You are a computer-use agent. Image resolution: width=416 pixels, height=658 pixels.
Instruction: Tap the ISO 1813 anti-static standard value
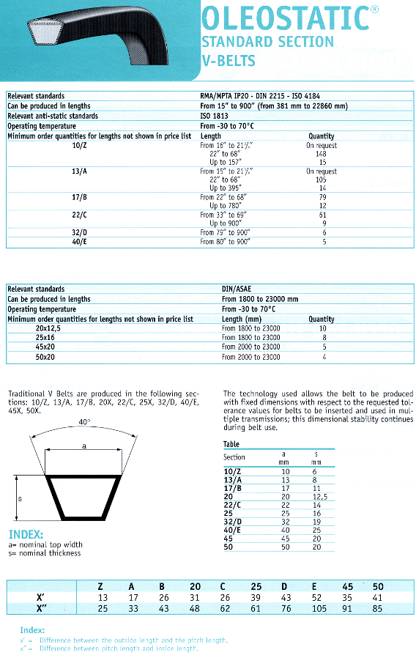[214, 116]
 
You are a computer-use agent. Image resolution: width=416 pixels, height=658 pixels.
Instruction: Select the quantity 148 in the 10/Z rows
[321, 154]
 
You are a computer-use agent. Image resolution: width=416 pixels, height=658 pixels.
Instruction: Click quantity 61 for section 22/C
[322, 215]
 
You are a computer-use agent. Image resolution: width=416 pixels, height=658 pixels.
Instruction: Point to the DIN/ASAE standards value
[236, 289]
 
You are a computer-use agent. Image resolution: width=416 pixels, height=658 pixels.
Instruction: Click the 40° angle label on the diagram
[85, 423]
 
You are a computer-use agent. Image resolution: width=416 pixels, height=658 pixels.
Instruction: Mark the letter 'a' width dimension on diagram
[85, 446]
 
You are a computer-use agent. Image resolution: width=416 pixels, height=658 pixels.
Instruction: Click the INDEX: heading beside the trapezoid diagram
[26, 534]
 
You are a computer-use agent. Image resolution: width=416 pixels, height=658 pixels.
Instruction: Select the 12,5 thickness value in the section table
[316, 496]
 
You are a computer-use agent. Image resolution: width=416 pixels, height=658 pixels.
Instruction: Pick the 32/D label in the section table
[234, 522]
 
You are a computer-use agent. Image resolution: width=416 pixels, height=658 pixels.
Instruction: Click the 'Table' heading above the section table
[231, 444]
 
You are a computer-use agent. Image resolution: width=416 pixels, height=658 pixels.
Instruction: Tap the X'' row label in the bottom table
[42, 607]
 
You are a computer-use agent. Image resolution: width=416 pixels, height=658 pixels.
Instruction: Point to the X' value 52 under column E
[316, 597]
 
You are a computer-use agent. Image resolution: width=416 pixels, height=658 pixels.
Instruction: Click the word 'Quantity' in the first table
[321, 136]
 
